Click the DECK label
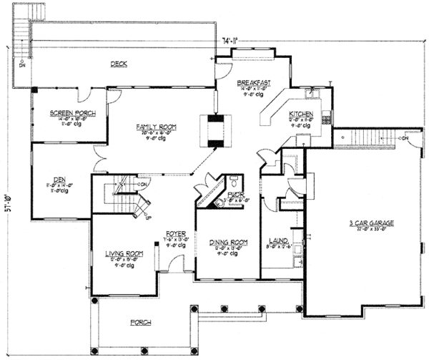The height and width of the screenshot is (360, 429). (x=119, y=64)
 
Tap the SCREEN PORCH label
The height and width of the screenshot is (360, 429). (x=68, y=113)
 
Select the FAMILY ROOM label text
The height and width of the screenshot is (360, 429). (x=157, y=126)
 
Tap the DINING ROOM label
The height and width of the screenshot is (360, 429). (x=228, y=243)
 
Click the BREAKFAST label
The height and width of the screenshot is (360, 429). (x=254, y=83)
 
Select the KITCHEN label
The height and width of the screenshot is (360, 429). (x=300, y=114)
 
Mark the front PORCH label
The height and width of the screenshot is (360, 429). (x=140, y=322)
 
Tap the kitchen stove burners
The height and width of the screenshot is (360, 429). (x=327, y=114)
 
